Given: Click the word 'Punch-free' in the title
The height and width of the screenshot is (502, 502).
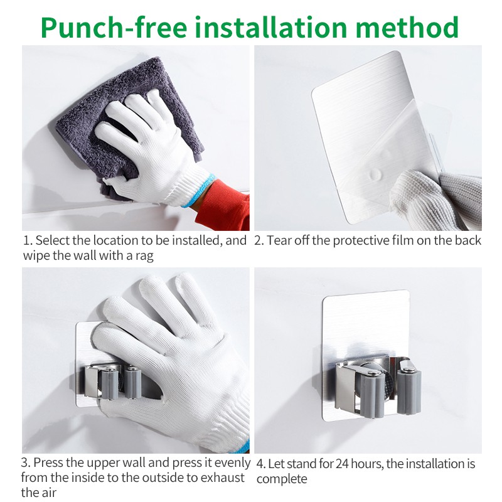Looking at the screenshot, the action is coord(114,28).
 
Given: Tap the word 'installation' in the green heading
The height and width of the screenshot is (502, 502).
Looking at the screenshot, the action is coord(271,27).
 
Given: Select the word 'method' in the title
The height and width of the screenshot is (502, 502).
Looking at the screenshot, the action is coord(407,27).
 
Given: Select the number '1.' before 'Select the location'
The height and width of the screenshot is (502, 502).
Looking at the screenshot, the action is coord(28,240).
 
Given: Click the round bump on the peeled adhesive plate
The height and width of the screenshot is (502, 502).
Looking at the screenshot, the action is coord(375,174).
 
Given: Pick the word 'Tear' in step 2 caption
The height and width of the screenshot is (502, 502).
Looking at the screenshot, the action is coord(279,240).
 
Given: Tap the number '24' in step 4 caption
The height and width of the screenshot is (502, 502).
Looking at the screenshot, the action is coord(343,464).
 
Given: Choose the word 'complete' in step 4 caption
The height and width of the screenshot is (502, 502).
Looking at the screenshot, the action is coord(282,479).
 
